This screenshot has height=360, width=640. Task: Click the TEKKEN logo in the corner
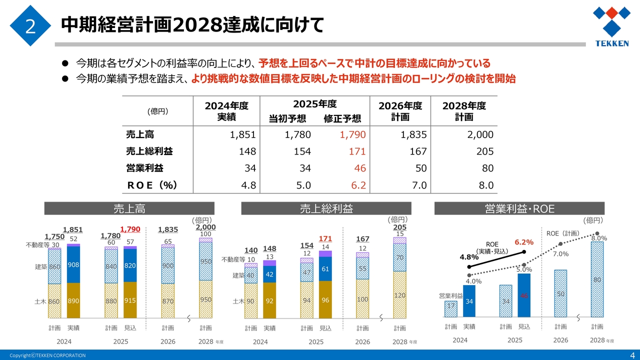[x=611, y=26]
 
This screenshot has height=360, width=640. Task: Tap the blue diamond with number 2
[x=30, y=26]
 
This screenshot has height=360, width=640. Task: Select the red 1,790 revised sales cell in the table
[x=352, y=134]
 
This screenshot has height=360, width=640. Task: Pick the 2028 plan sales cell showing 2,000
[x=480, y=134]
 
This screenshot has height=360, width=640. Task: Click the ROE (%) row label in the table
[x=152, y=185]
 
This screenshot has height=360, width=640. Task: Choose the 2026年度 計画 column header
[x=400, y=111]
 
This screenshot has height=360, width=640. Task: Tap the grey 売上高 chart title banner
[x=129, y=208]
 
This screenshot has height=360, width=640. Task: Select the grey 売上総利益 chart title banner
[x=326, y=208]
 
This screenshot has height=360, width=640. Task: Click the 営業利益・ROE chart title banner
[x=519, y=208]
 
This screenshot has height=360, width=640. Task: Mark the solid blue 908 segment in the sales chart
[x=73, y=264]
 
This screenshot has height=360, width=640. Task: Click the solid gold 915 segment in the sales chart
[x=130, y=300]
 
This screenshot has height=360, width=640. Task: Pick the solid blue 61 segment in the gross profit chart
[x=325, y=269]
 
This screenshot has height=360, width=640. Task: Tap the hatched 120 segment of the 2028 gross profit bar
[x=399, y=295]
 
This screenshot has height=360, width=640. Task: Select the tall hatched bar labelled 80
[x=597, y=280]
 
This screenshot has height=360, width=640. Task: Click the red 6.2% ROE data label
[x=524, y=242]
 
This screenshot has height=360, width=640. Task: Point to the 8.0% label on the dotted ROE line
[x=599, y=238]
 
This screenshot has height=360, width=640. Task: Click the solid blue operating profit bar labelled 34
[x=469, y=301]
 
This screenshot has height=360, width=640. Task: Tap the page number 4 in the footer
[x=631, y=354]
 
